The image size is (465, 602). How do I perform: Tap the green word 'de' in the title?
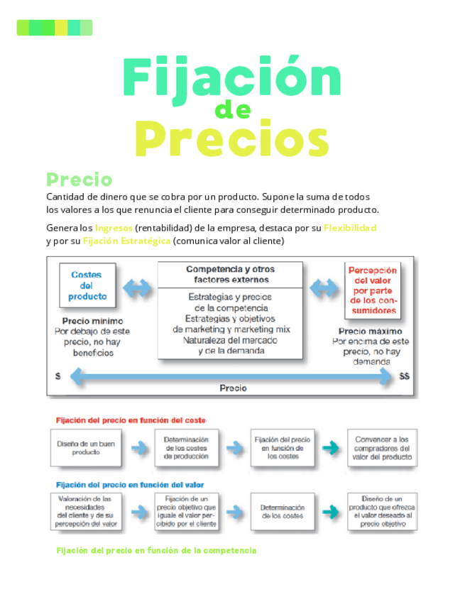pos(232,111)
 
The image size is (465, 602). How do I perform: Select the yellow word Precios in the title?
pos(231,141)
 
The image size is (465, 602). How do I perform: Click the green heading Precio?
pos(79,179)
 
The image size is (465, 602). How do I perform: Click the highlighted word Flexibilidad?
pos(349,228)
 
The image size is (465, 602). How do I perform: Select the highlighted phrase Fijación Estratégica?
pos(126,241)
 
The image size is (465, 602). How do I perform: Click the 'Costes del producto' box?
pos(86,285)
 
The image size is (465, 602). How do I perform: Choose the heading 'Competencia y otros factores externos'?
pos(230,274)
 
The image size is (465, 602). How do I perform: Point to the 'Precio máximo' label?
pos(370,332)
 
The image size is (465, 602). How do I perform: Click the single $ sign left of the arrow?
pos(58,376)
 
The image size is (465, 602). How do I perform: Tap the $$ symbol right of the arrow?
pos(404,376)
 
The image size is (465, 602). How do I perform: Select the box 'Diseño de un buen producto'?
pos(86,448)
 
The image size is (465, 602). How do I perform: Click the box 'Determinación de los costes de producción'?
pos(186,448)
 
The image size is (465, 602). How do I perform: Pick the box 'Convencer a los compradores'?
pos(382,448)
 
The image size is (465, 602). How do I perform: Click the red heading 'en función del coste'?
pos(131,420)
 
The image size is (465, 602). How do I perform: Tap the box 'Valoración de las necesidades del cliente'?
pos(88,512)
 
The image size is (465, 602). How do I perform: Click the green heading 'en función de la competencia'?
pos(156,551)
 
